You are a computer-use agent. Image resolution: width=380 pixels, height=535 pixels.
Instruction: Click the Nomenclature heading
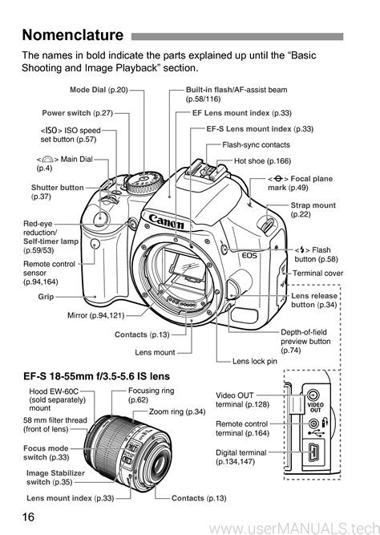point(73,35)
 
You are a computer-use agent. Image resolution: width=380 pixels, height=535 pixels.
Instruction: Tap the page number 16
point(29,517)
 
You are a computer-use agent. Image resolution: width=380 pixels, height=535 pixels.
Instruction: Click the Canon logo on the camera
point(167,221)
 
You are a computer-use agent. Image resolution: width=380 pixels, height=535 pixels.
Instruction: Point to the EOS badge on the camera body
point(249,255)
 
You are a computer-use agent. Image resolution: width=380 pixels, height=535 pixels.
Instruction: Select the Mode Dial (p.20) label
point(99,90)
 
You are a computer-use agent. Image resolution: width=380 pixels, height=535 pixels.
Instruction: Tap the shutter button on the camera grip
point(101,217)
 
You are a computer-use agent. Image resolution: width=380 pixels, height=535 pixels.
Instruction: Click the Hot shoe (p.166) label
point(262,161)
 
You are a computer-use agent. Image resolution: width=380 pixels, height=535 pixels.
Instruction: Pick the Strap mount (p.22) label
point(313,210)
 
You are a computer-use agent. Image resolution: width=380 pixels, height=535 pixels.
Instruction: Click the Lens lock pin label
point(255,361)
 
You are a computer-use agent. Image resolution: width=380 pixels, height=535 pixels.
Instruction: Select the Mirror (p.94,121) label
point(96,315)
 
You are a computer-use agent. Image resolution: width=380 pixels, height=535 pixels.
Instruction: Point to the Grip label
point(46,297)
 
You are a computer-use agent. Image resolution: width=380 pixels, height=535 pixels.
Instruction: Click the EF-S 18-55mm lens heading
point(96,376)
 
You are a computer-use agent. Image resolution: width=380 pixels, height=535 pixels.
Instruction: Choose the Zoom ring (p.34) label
point(177,411)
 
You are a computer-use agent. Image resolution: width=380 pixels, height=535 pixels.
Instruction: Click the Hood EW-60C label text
point(57,399)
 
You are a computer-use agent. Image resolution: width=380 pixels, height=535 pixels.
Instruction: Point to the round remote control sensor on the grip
point(96,244)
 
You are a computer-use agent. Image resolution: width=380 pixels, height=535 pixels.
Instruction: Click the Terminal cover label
point(318,273)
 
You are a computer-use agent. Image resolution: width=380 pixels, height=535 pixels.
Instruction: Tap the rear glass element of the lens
point(160,464)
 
